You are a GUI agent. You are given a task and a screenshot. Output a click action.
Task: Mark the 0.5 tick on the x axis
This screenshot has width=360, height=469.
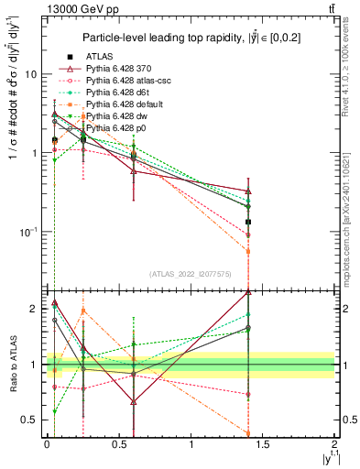click(118, 443)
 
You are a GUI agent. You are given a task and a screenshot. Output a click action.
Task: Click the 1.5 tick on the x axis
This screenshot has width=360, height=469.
click(263, 443)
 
